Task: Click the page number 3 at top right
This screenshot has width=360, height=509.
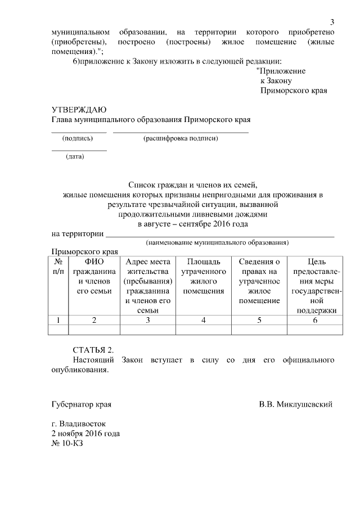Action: click(332, 22)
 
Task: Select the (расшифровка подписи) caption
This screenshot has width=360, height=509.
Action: click(181, 138)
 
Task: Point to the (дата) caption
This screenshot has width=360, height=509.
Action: click(75, 156)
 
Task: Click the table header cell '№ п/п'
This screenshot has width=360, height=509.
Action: click(58, 266)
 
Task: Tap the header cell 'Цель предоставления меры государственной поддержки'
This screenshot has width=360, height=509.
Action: click(314, 286)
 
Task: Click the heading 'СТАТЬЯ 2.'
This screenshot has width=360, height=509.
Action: click(93, 349)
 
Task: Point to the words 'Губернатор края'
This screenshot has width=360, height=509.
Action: click(81, 404)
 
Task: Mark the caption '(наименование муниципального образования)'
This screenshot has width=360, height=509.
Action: click(217, 242)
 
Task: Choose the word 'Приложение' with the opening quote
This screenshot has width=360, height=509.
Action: click(281, 71)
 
